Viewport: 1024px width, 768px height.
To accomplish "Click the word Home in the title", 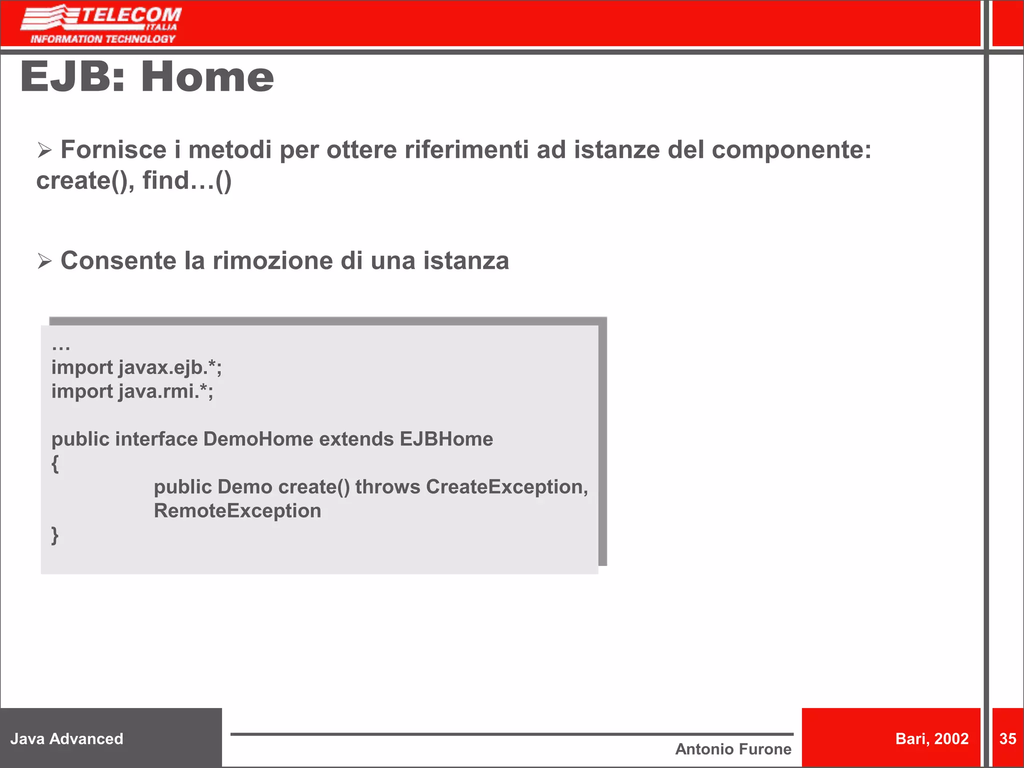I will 207,77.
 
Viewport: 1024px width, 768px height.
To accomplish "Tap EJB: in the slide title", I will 72,77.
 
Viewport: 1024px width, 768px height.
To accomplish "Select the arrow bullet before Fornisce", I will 44,150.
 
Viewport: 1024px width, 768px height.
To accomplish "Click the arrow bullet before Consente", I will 44,261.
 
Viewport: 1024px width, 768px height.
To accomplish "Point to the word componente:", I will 791,150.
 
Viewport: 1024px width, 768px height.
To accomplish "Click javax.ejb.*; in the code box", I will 170,368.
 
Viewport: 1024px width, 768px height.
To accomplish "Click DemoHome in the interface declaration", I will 258,439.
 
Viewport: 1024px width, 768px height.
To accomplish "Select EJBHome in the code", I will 446,439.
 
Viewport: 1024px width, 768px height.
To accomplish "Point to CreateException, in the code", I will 506,487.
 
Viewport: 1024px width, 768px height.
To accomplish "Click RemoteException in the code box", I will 237,511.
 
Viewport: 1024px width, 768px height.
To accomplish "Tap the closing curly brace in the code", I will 55,535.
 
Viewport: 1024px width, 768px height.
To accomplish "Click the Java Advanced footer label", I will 66,739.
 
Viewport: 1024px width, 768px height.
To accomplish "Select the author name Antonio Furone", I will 733,749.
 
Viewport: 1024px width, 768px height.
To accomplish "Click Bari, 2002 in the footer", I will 931,739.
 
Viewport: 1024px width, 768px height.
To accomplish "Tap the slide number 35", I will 1007,739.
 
